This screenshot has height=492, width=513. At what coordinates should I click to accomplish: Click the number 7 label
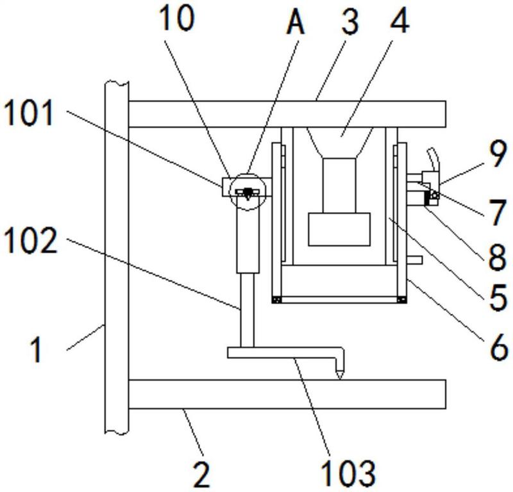click(497, 212)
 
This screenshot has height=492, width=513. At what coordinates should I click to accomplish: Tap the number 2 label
click(201, 474)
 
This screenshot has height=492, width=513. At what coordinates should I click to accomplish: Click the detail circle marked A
click(246, 190)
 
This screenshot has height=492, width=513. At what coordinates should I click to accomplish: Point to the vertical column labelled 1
click(116, 256)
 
